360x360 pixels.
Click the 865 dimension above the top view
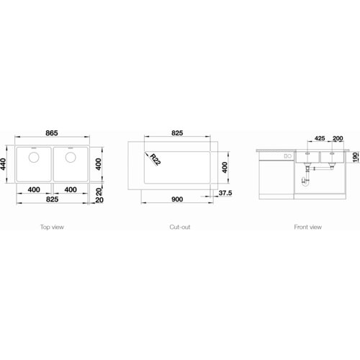[x=52, y=133]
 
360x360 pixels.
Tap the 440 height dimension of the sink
[x=3, y=164]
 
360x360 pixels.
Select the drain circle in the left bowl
[x=34, y=158]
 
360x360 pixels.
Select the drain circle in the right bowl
[x=71, y=158]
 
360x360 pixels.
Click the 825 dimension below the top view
[x=52, y=199]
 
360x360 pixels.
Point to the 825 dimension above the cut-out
[x=177, y=133]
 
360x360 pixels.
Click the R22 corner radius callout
[x=155, y=159]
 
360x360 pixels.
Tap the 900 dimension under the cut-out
[x=177, y=199]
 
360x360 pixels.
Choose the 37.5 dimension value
[x=225, y=193]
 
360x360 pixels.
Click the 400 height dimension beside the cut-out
[x=225, y=168]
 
